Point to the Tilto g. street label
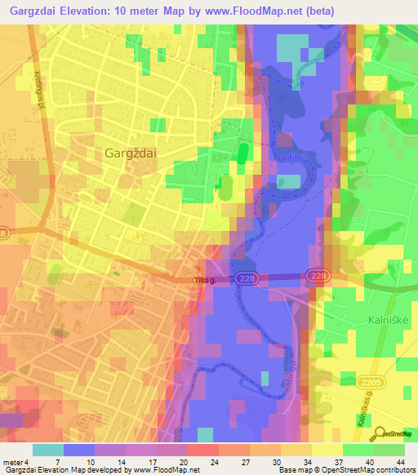[203, 281]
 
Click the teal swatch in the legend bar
[48, 450]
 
